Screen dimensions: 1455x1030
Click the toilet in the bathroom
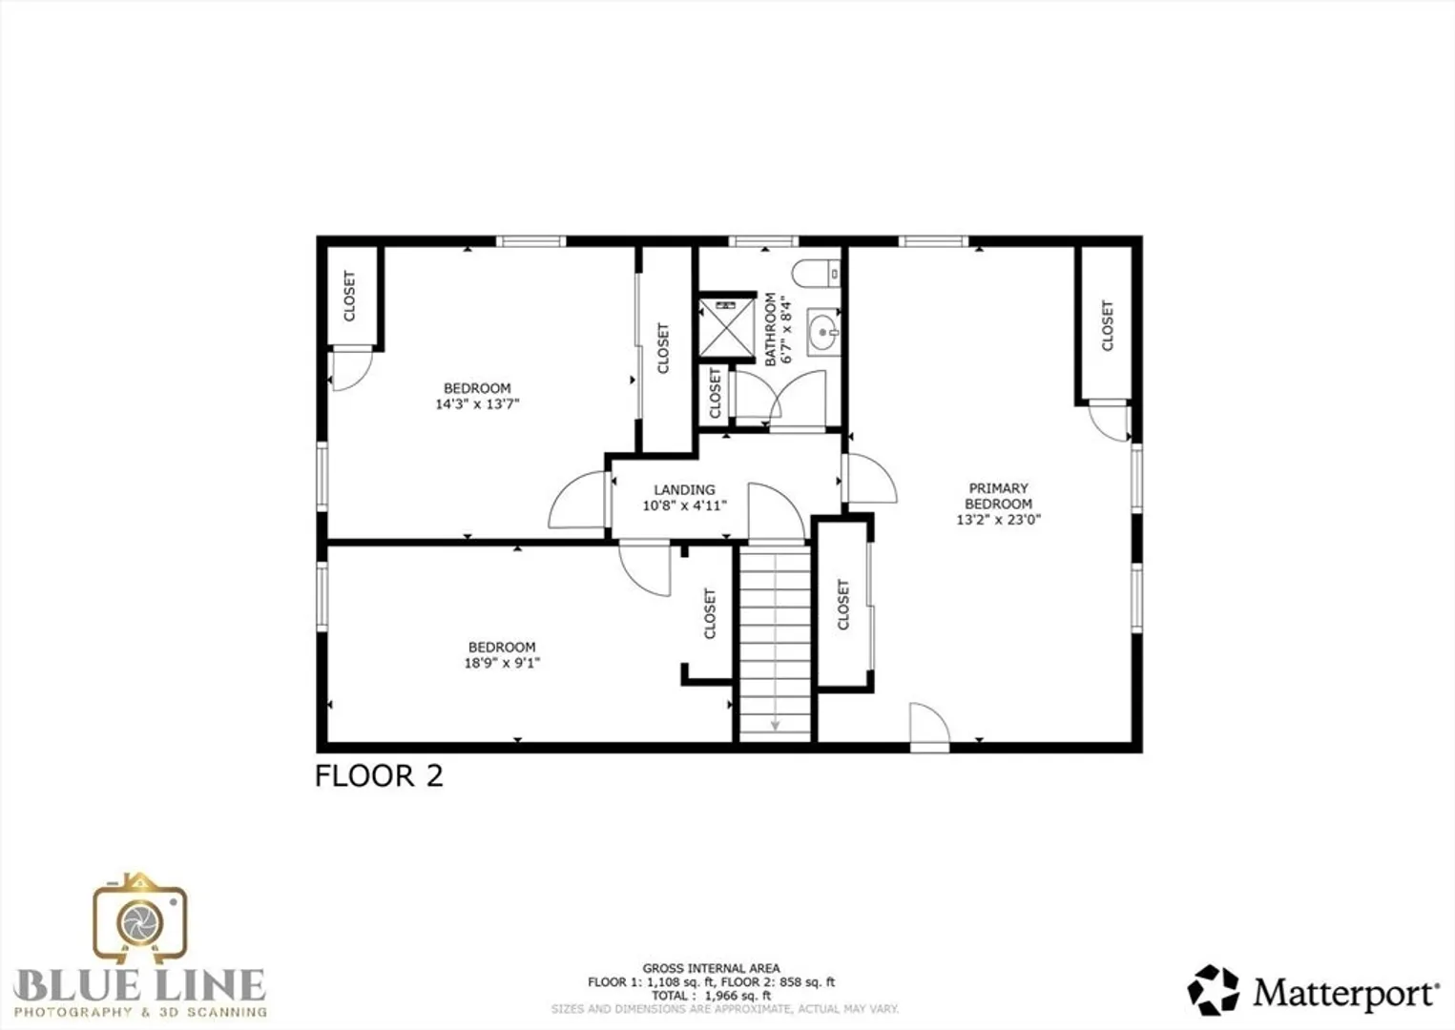tap(816, 274)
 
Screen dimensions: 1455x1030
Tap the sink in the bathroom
tap(823, 332)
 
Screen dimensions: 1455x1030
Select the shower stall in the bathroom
tap(727, 327)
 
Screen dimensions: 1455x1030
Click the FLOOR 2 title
tap(379, 776)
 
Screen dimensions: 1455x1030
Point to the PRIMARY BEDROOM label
tap(998, 496)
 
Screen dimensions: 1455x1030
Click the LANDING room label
tap(684, 489)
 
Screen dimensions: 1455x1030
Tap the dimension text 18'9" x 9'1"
tap(502, 663)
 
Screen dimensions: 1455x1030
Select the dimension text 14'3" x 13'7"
tap(477, 404)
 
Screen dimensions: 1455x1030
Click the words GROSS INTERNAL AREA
tap(711, 968)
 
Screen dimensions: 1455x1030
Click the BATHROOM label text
tap(770, 329)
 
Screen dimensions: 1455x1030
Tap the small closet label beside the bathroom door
tap(716, 394)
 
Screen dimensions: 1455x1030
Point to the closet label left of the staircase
tap(709, 614)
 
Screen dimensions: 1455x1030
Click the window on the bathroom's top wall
tap(763, 241)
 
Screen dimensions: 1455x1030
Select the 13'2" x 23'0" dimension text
tap(998, 520)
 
